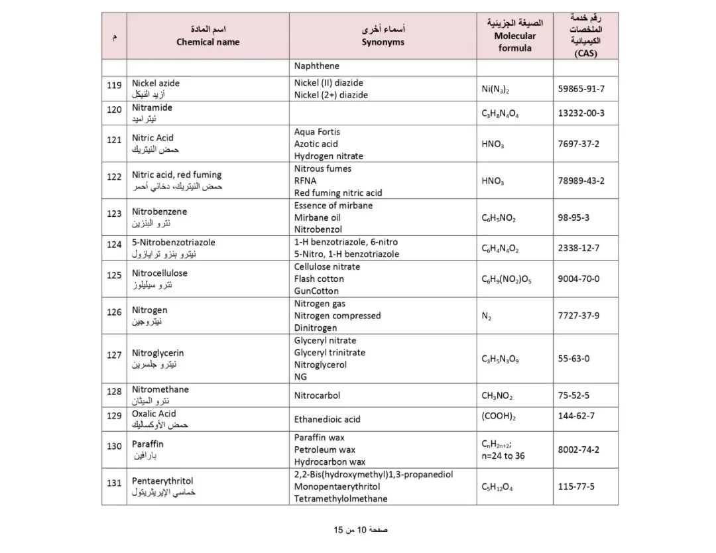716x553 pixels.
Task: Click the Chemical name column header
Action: [208, 42]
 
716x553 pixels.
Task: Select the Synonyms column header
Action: [383, 42]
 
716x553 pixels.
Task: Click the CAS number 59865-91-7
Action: [581, 89]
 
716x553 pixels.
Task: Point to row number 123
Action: [114, 214]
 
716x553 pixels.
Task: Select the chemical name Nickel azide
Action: [156, 84]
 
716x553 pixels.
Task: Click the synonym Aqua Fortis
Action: [317, 132]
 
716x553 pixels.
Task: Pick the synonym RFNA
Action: [306, 180]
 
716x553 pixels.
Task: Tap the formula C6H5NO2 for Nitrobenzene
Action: [499, 218]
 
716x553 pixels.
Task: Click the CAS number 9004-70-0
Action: [578, 278]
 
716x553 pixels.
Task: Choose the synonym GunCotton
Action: [316, 291]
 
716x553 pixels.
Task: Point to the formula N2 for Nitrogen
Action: [487, 316]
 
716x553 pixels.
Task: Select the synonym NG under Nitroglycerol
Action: [301, 377]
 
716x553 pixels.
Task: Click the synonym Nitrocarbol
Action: [317, 395]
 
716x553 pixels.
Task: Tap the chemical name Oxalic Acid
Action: [154, 414]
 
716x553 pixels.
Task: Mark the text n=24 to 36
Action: [503, 456]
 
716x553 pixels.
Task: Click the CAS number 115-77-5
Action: [576, 487]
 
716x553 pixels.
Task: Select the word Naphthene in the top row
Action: [317, 66]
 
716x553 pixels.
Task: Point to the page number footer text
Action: [361, 530]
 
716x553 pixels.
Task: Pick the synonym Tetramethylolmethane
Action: [341, 499]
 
